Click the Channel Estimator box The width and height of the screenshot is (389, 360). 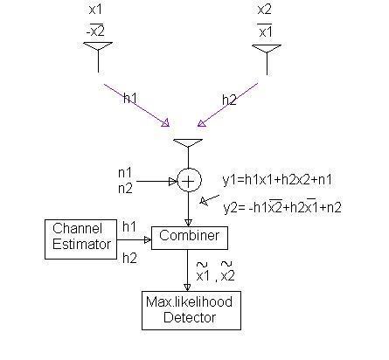pos(79,239)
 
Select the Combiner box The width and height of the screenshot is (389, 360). pos(190,237)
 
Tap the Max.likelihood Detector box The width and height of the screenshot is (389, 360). pos(189,311)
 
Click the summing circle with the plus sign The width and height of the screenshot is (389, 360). pos(189,180)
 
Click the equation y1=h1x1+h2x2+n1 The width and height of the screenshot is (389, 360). pos(277,179)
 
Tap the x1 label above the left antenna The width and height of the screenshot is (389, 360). pos(96,10)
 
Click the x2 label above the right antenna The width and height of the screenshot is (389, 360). pos(264,10)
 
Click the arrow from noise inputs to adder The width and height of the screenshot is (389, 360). pos(157,181)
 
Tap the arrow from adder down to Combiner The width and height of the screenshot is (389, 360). pos(189,210)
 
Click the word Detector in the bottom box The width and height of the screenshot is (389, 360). pos(189,318)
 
